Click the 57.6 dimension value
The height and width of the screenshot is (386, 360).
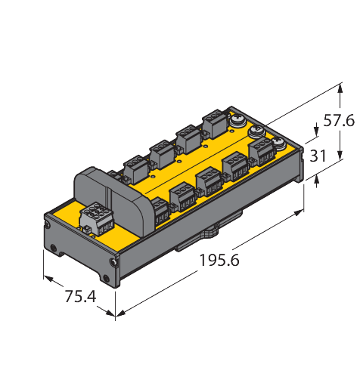[337, 119]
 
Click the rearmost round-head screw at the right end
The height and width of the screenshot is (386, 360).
[237, 119]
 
